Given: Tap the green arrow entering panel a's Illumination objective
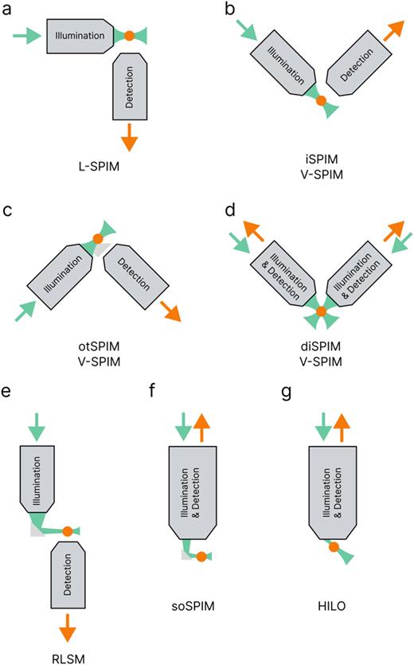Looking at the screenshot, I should pyautogui.click(x=26, y=35).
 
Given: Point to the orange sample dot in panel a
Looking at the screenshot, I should pyautogui.click(x=130, y=35).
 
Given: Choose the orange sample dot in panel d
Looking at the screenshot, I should pyautogui.click(x=322, y=311).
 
